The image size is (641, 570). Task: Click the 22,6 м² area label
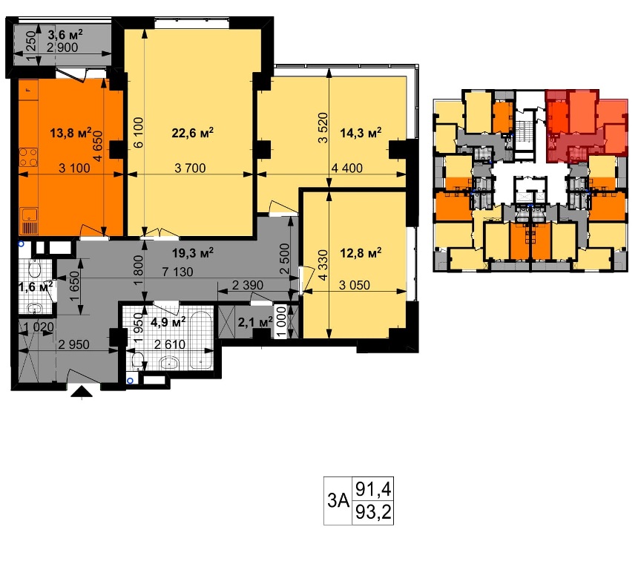click(x=193, y=133)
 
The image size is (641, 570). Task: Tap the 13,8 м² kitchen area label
click(x=70, y=133)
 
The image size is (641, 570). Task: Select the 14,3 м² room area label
click(x=361, y=133)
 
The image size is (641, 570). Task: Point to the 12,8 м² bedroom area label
click(x=361, y=253)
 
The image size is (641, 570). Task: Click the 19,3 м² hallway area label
click(x=193, y=253)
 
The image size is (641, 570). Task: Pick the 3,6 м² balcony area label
click(x=65, y=33)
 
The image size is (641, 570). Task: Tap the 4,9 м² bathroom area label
click(x=168, y=322)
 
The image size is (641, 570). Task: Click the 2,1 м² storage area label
click(x=255, y=322)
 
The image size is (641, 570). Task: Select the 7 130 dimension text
click(x=177, y=272)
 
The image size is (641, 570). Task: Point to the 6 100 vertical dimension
click(x=139, y=132)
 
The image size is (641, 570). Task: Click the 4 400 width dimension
click(x=347, y=168)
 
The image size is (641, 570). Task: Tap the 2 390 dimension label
click(x=248, y=285)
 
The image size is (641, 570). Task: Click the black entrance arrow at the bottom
click(x=82, y=392)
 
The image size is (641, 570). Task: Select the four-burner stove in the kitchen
click(x=29, y=157)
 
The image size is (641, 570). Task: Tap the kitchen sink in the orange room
click(x=29, y=215)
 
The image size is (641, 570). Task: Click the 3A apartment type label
click(x=338, y=500)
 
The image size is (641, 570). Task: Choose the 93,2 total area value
click(x=373, y=511)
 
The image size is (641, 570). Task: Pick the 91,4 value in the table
click(x=373, y=488)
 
